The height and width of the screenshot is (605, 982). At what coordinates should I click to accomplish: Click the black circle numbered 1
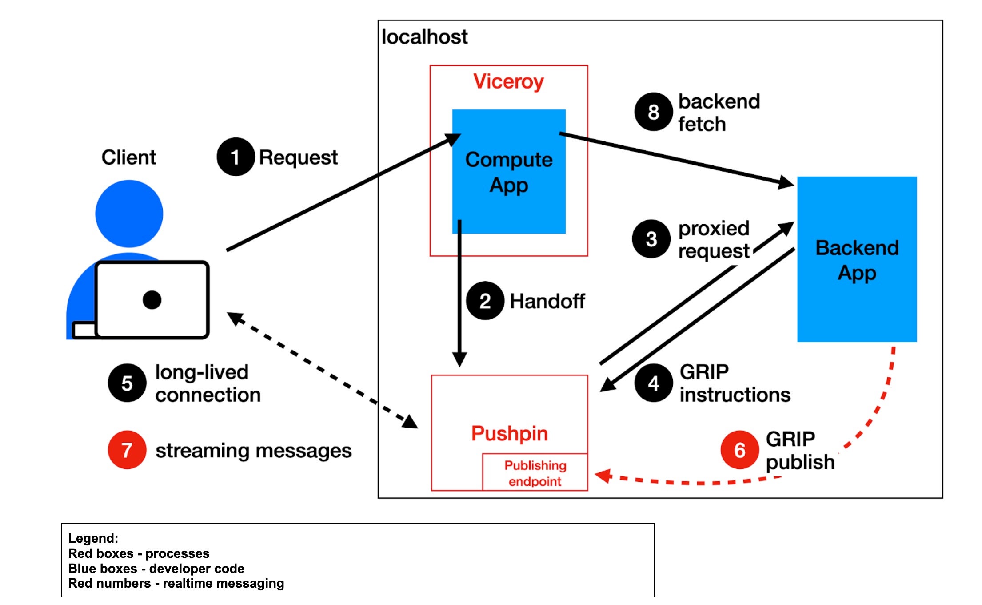(236, 157)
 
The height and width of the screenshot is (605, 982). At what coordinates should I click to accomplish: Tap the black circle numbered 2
(485, 301)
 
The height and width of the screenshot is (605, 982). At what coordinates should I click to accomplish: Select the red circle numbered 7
(127, 450)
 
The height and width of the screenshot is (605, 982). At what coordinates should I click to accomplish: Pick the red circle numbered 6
(739, 450)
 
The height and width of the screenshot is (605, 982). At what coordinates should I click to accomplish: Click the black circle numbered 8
(653, 112)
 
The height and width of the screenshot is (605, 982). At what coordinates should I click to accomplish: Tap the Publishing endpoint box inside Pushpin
(535, 473)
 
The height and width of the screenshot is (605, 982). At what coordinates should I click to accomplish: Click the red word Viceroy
(509, 81)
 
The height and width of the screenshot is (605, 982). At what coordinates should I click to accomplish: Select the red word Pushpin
(509, 433)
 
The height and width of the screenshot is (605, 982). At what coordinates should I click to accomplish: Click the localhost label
(424, 37)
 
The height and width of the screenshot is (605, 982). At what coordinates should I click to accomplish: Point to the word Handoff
(547, 301)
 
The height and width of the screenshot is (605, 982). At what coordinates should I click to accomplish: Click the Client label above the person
(129, 157)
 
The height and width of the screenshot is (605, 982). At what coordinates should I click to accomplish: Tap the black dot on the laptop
(152, 300)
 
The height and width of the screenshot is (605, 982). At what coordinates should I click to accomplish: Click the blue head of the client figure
(129, 214)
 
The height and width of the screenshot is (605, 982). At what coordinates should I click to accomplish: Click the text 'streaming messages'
(253, 451)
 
